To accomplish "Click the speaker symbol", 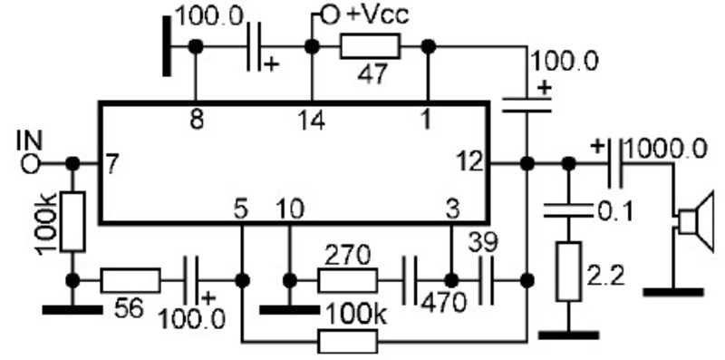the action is click(x=696, y=221).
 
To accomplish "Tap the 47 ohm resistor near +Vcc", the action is click(x=370, y=47).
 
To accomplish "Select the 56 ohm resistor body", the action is click(x=130, y=280).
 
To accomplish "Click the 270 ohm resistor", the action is click(x=347, y=280).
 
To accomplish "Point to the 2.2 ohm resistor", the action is click(x=568, y=271).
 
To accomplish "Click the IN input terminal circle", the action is click(x=31, y=164).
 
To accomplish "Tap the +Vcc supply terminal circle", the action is click(x=330, y=15).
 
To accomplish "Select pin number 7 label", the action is click(x=112, y=164).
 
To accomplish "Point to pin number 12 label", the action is click(x=470, y=163).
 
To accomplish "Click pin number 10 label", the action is click(x=290, y=209).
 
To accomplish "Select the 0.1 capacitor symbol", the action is click(x=568, y=210).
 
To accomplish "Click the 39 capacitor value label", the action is click(x=483, y=242).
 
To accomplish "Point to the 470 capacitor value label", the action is click(x=443, y=303).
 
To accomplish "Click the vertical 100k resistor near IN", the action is click(x=72, y=222).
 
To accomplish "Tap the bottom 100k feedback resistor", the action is click(x=347, y=342).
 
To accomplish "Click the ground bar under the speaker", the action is click(x=673, y=292).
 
